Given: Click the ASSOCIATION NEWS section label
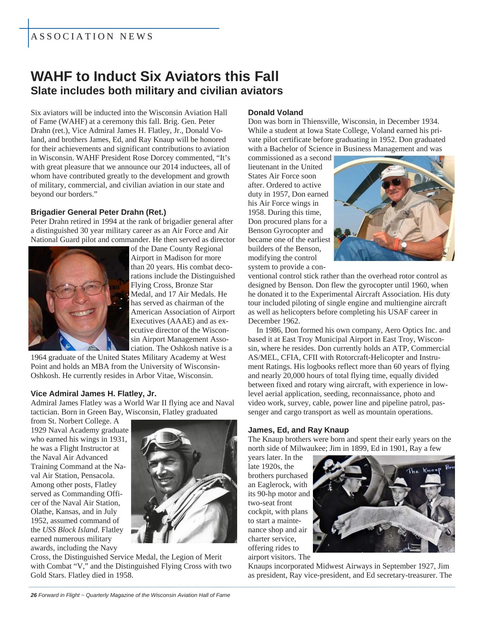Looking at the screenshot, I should tap(92, 36).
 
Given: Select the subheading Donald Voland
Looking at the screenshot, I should tap(275, 112).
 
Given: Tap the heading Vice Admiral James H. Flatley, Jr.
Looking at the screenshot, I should tap(93, 393).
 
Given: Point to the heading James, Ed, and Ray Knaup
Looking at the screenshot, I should tap(298, 430).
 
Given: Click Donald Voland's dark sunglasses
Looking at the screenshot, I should tap(392, 184).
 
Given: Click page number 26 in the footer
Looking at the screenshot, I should tap(34, 595).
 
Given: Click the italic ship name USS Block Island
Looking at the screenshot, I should tap(70, 530).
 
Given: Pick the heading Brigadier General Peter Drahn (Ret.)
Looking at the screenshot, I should tap(98, 212).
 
